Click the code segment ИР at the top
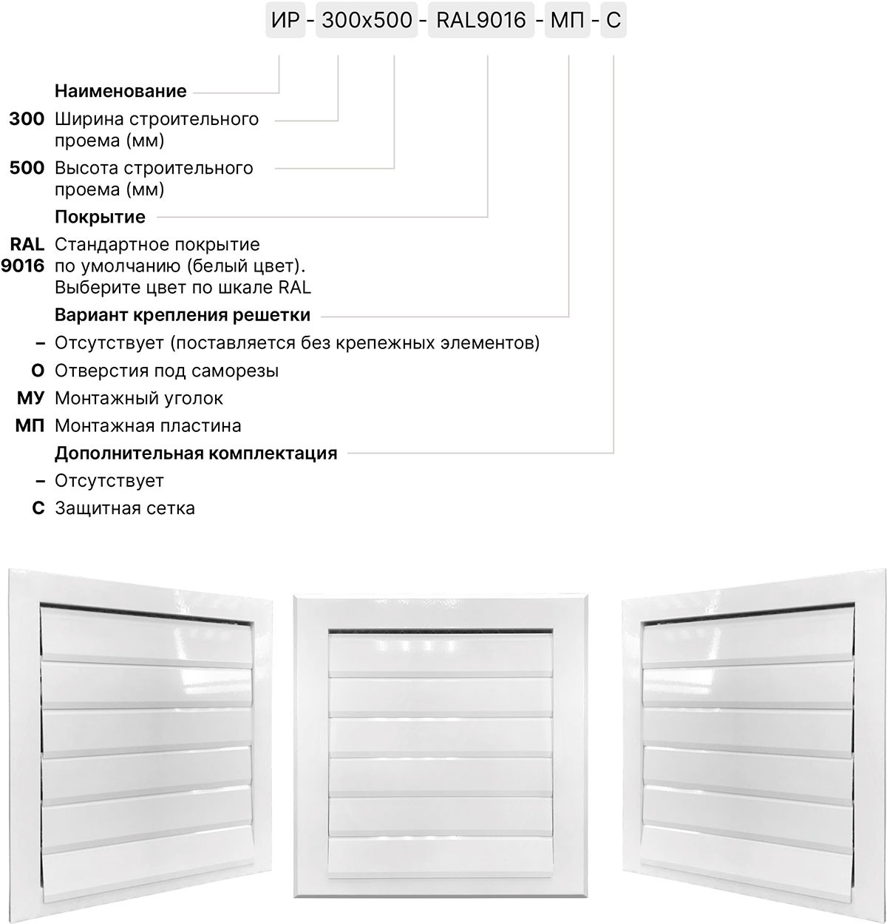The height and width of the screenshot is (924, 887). pos(285,20)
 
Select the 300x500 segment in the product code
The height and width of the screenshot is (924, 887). pos(367,20)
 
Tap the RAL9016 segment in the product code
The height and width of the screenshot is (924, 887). pos(481,20)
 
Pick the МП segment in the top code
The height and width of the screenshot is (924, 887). pos(567,20)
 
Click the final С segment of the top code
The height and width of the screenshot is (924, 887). pos(614,20)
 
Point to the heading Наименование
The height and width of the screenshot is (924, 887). pos(120,92)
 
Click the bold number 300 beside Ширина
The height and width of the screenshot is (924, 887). pos(27,119)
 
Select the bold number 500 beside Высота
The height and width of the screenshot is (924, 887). pos(27,168)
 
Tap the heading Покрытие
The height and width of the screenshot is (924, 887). pos(100,217)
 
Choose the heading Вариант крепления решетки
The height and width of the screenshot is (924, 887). pos(183,315)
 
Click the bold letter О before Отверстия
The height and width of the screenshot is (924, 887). pos(38,371)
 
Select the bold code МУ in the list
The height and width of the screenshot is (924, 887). pos(30,399)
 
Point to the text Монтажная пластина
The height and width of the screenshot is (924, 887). pos(148,426)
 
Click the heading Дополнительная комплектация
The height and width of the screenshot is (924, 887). pos(196,453)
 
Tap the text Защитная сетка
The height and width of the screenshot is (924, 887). pos(125,509)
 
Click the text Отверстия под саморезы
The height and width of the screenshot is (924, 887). pos(166,371)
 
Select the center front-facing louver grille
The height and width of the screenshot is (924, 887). pos(441,752)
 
